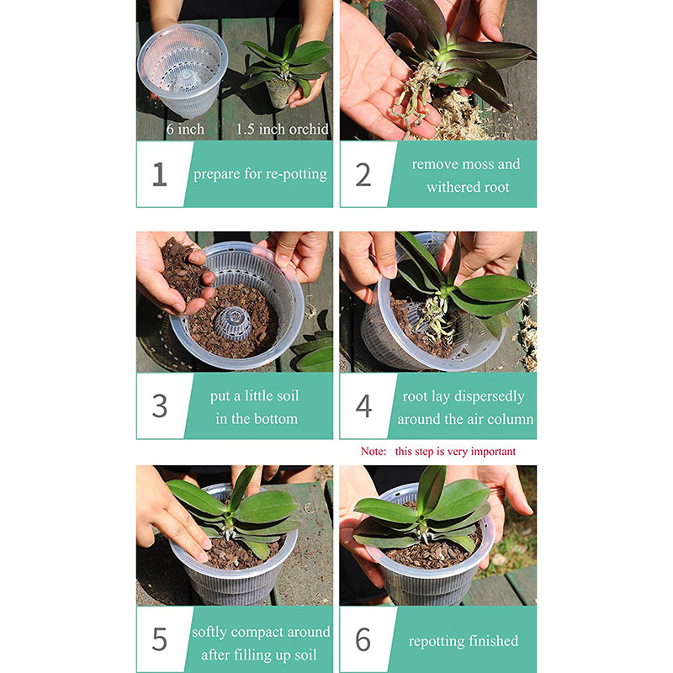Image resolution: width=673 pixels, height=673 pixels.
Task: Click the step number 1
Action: [x=160, y=174]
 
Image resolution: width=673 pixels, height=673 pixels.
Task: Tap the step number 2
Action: [x=363, y=174]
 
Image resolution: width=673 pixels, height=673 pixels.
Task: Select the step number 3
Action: [x=160, y=405]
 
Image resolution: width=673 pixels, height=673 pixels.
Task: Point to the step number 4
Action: [x=363, y=405]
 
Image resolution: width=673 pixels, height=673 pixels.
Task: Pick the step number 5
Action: [x=160, y=639]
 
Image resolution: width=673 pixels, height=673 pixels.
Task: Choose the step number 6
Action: [x=363, y=639]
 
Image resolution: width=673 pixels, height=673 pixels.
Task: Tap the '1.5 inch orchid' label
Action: [x=282, y=130]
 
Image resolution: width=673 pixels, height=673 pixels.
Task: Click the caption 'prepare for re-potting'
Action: [x=260, y=175]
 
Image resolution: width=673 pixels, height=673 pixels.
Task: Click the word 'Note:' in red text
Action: [x=374, y=452]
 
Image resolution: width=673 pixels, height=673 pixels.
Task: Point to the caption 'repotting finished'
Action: [x=464, y=641]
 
